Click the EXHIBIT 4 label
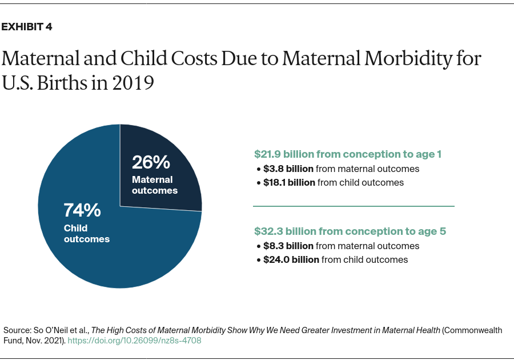point(27,27)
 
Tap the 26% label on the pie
point(151,162)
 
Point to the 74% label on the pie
point(82,210)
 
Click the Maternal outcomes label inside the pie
point(155,185)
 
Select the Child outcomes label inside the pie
point(87,234)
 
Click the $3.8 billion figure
point(288,169)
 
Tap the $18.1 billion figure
point(290,182)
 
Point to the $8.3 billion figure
point(288,246)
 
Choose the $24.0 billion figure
point(291,259)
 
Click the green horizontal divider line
point(354,206)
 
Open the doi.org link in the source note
point(134,341)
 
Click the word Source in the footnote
point(16,330)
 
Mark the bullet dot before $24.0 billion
point(258,260)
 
